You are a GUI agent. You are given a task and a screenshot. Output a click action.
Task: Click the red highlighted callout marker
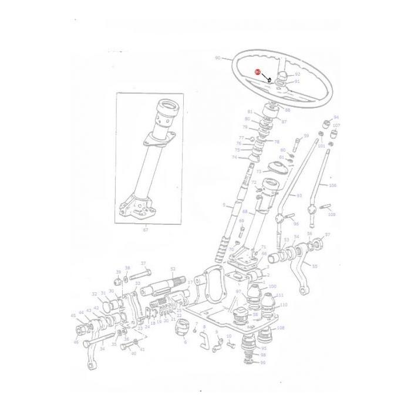[257, 72]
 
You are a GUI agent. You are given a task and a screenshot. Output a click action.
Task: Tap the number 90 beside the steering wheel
[217, 58]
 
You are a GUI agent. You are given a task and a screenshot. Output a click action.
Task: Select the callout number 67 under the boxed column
[145, 231]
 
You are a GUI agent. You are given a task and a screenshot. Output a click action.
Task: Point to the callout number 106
[332, 186]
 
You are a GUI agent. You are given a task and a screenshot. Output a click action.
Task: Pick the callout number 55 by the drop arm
[315, 266]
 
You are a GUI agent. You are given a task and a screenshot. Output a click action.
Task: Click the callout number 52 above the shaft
[173, 268]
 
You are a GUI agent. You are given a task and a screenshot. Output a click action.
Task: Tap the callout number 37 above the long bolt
[143, 264]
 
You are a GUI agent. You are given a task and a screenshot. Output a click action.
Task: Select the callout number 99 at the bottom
[262, 362]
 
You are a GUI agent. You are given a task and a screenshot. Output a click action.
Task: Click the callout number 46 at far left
[76, 342]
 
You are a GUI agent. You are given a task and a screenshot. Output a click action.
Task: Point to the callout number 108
[280, 328]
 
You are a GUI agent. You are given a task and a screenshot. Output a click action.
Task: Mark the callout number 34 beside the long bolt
[102, 349]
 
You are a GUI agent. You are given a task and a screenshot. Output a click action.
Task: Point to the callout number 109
[332, 215]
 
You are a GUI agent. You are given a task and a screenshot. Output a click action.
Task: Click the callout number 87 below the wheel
[284, 122]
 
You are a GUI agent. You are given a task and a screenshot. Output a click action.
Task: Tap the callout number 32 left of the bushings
[94, 294]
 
